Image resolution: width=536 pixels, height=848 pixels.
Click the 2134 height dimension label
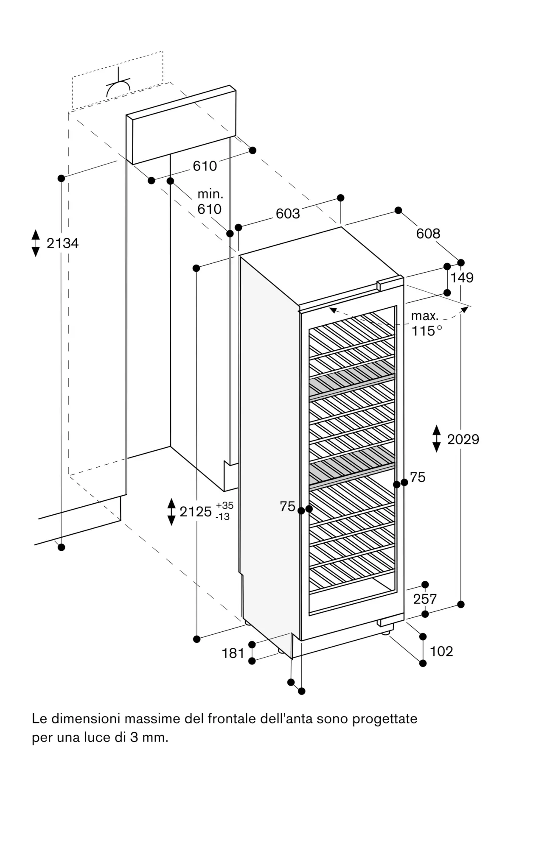click(62, 243)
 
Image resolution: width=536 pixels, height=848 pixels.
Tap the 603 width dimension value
click(288, 214)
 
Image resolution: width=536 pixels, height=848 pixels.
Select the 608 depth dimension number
click(428, 233)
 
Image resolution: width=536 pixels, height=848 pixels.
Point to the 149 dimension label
click(462, 278)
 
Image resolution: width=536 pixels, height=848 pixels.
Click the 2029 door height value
click(463, 439)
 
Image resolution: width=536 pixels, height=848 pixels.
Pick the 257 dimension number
click(425, 599)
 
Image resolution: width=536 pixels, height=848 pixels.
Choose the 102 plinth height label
click(441, 651)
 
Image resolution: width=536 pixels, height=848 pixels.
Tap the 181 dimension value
click(233, 653)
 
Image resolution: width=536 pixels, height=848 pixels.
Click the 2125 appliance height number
click(196, 512)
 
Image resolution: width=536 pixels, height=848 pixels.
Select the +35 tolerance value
click(225, 505)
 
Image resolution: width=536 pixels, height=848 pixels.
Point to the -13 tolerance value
click(223, 517)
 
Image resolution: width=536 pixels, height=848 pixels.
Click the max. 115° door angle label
click(426, 323)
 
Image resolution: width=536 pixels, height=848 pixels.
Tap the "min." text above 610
click(210, 195)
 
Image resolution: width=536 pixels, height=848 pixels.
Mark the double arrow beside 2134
click(36, 243)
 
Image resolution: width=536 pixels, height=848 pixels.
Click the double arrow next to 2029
click(437, 439)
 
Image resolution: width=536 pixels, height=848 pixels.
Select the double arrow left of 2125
click(171, 512)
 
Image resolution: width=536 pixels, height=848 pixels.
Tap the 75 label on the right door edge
click(418, 477)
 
